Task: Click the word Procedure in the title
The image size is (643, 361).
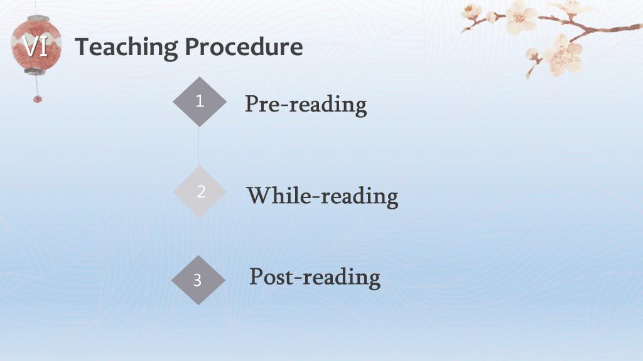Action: coord(244,46)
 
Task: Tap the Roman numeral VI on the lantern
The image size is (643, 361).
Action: coord(35,46)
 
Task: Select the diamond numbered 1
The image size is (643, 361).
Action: coord(200,102)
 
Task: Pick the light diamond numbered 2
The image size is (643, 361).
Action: coord(200,191)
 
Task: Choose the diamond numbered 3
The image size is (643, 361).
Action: coord(198,280)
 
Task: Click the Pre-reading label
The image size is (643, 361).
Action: coord(306,105)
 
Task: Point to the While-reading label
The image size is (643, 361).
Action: coord(322,196)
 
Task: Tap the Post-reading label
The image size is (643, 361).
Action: coord(315,277)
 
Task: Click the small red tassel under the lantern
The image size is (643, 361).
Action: coord(37,98)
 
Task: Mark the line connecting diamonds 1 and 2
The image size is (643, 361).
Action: coord(199,147)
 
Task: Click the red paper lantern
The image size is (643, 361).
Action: coord(36,45)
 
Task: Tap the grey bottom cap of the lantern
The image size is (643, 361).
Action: coord(35,71)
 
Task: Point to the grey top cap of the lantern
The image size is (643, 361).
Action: coord(38,18)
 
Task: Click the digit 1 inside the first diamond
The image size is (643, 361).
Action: coord(200,101)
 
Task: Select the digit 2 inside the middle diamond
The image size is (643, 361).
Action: coord(201,192)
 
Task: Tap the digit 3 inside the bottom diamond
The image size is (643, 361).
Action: coord(197,280)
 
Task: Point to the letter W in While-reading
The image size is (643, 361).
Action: coord(263,196)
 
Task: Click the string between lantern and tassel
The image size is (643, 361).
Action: coord(36,85)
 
